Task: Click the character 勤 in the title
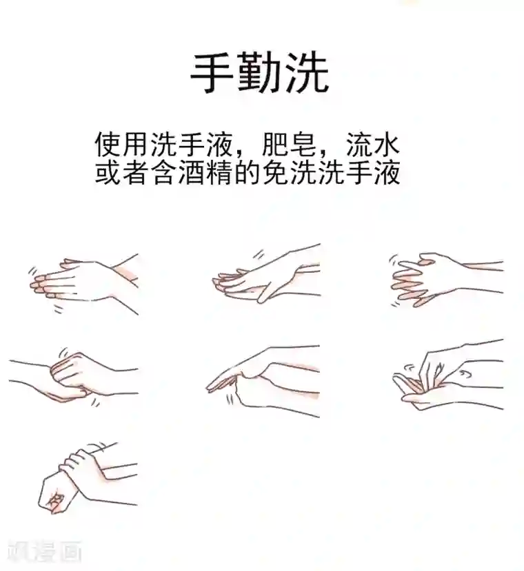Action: (x=259, y=74)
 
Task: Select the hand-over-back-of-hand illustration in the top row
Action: (x=265, y=276)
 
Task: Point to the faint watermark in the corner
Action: (x=46, y=550)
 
